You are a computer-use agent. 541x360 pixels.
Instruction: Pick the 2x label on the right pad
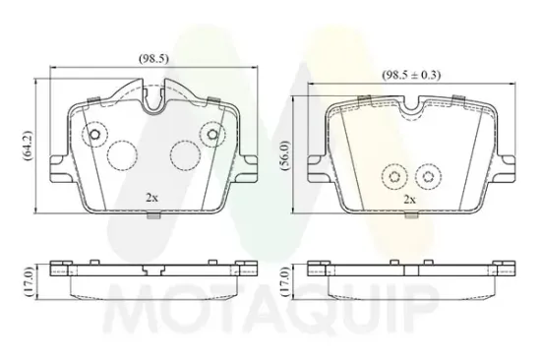(409, 199)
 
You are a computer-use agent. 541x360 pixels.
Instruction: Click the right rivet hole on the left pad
(210, 135)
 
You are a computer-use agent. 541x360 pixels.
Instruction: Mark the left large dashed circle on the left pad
(122, 153)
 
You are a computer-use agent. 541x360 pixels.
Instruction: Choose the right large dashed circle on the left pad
(183, 153)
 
